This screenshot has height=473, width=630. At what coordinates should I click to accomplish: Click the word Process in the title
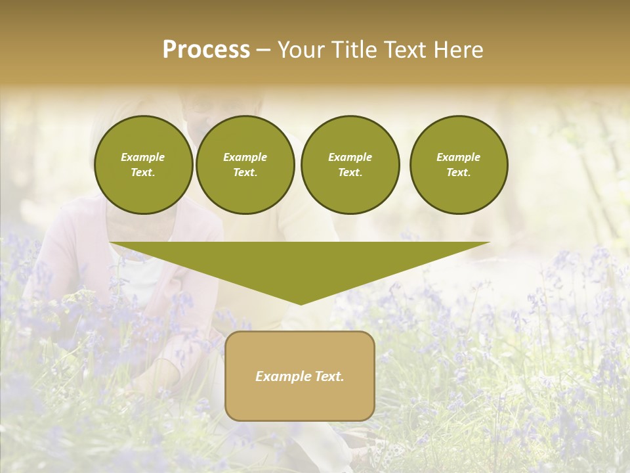click(x=206, y=50)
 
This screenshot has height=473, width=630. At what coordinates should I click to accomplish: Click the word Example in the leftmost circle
click(x=143, y=157)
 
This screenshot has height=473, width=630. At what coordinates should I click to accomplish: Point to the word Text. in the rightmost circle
click(x=459, y=172)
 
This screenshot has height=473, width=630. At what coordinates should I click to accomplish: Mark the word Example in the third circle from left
click(x=350, y=157)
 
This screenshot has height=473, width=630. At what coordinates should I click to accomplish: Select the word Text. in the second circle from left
click(x=245, y=172)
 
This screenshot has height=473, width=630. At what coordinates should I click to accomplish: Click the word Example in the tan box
click(x=282, y=376)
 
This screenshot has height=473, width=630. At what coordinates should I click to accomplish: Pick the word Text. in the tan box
click(x=328, y=376)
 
